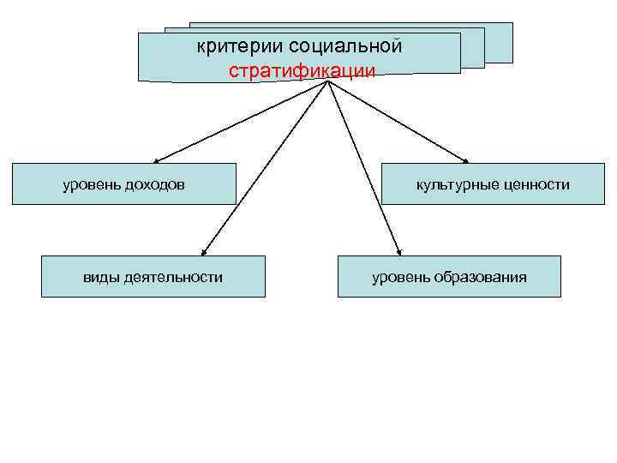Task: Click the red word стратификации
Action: coord(302,70)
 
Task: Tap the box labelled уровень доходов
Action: coord(123,183)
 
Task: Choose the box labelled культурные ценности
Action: coord(492,183)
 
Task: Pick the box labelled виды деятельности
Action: coord(153,276)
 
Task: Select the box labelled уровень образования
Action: coord(448,276)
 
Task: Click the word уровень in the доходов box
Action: coord(89,184)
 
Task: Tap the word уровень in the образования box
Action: coord(398,277)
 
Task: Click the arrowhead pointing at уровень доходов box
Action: coord(158,160)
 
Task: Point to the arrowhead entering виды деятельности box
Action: coord(202,252)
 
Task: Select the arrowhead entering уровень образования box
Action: coord(398,252)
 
